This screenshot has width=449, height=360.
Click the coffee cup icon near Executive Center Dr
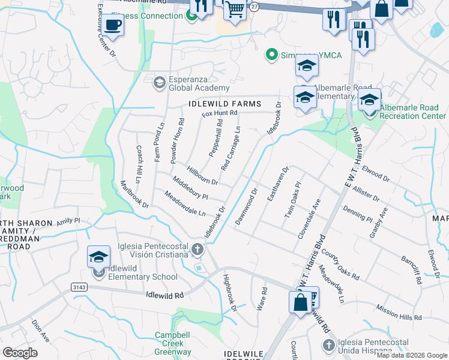(x=112, y=26)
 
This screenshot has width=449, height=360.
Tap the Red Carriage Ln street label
(x=231, y=148)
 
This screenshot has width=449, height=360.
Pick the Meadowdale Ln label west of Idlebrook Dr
(x=185, y=204)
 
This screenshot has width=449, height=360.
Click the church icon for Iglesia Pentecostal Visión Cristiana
(x=198, y=248)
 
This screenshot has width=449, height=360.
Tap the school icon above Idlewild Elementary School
(x=98, y=257)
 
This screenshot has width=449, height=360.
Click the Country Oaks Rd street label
(x=339, y=266)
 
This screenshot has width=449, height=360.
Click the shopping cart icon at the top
(x=236, y=9)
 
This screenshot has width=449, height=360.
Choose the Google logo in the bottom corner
(x=20, y=352)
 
